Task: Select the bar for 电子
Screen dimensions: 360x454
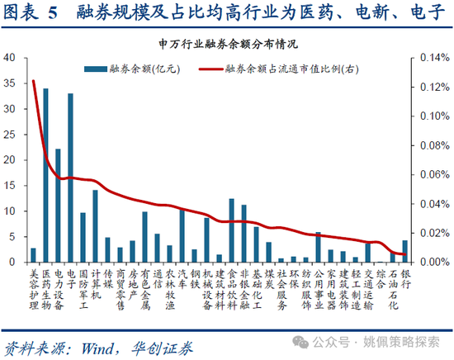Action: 70,178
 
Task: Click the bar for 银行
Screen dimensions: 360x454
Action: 404,252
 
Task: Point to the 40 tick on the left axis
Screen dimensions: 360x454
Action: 11,59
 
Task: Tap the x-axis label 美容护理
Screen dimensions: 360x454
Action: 33,289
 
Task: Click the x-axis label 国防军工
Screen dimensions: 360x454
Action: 83,289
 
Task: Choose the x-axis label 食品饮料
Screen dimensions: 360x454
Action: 231,289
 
